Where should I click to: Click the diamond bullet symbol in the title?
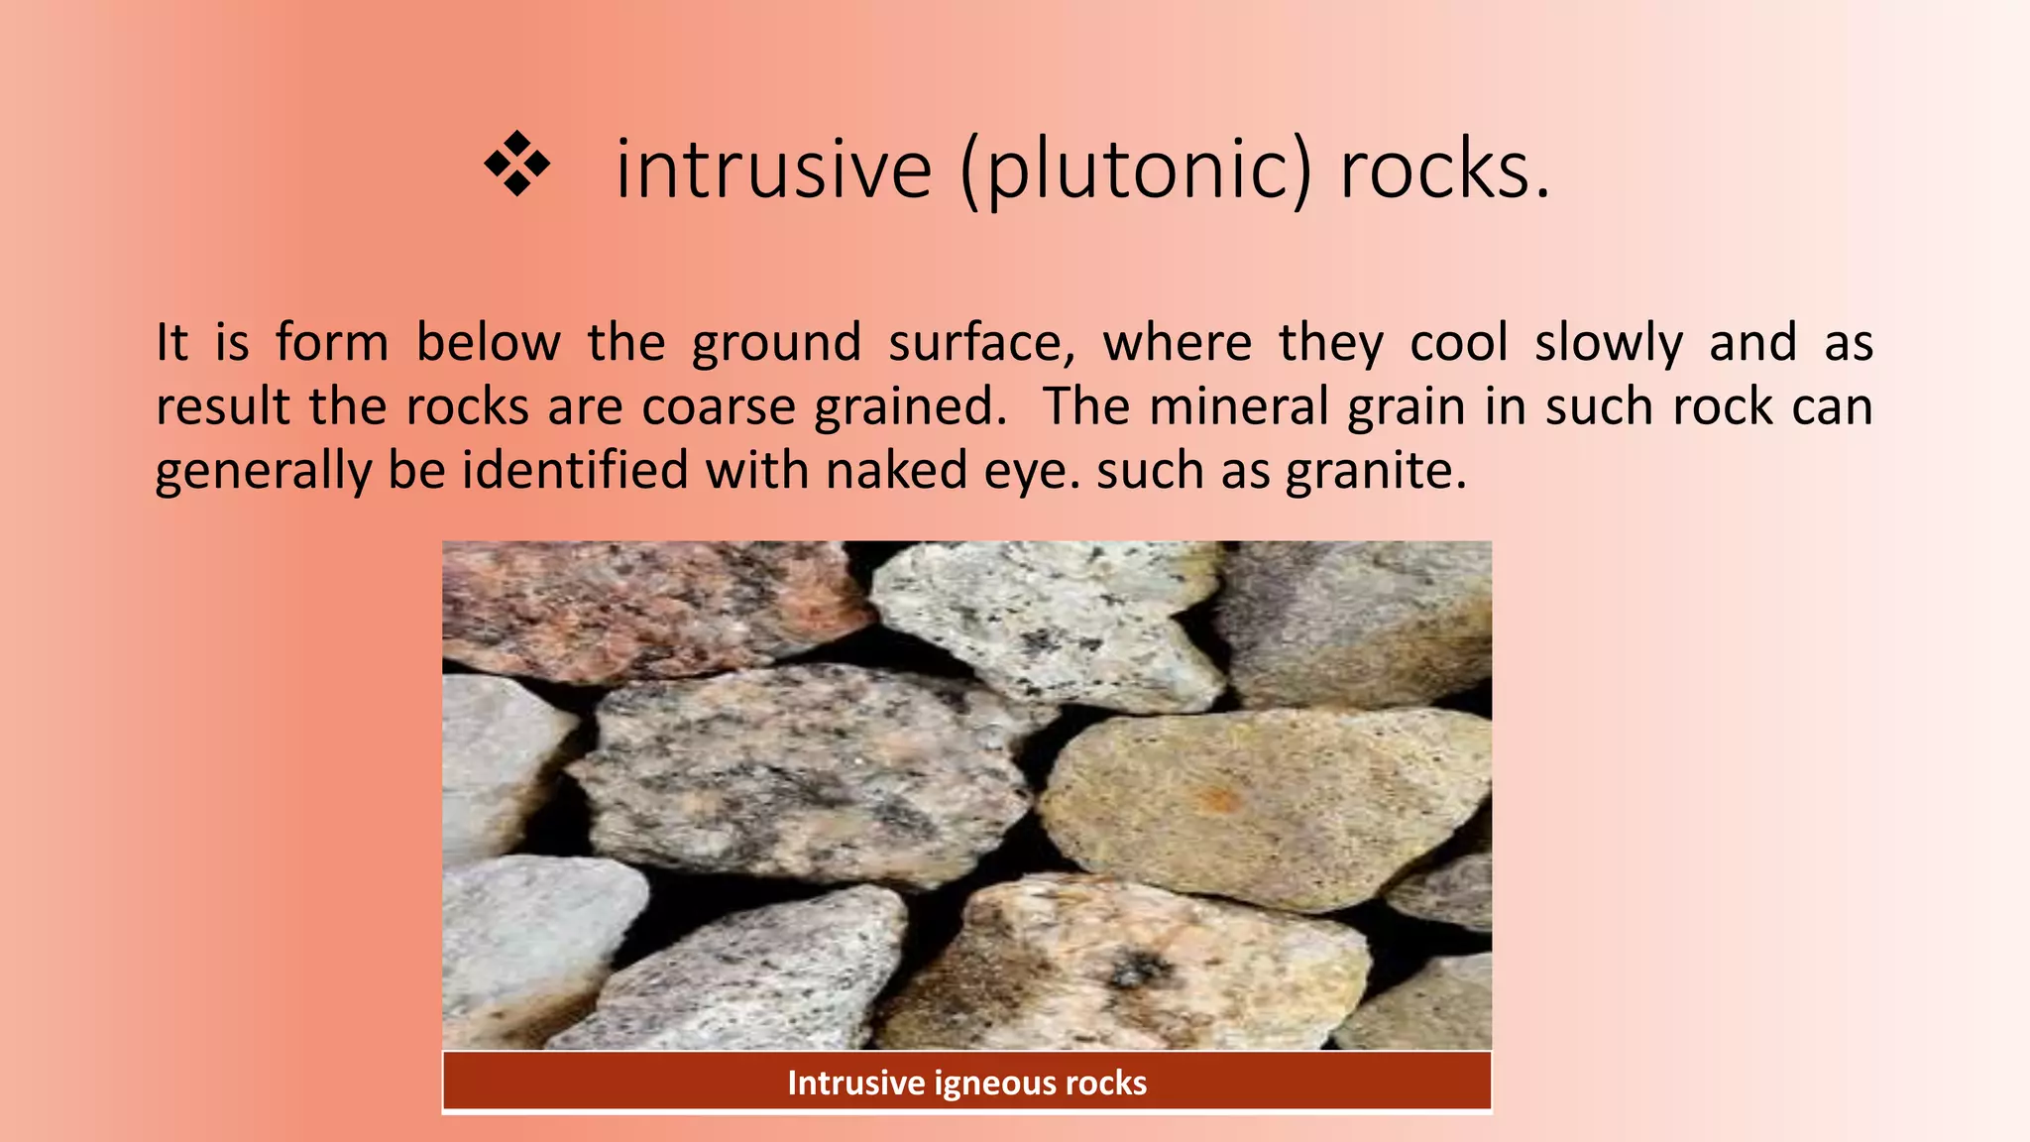(516, 165)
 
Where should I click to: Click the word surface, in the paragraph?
(981, 343)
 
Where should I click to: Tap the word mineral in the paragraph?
(1238, 406)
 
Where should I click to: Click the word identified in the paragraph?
(575, 469)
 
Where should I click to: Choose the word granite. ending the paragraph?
(1376, 471)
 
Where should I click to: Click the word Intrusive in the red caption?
(855, 1083)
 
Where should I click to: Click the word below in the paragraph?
(488, 343)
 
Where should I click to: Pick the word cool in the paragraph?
(1459, 343)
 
